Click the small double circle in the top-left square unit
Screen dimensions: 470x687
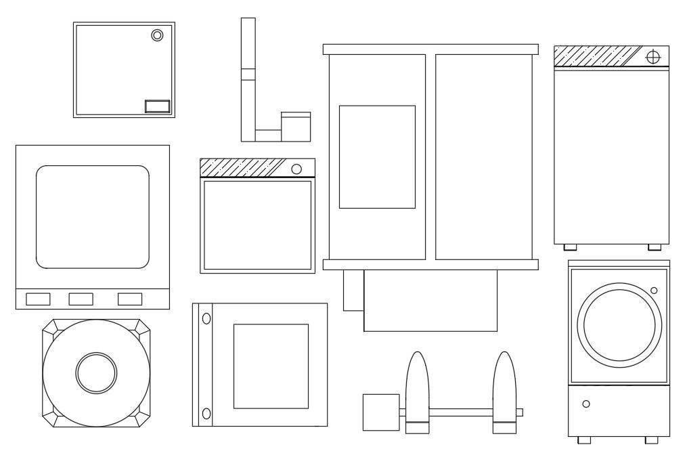pyautogui.click(x=157, y=35)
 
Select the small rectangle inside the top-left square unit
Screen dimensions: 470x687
pyautogui.click(x=157, y=106)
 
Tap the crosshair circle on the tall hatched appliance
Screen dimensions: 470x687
pyautogui.click(x=652, y=57)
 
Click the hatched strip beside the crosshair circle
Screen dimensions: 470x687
pyautogui.click(x=596, y=56)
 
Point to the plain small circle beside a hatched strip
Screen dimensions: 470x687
pyautogui.click(x=296, y=169)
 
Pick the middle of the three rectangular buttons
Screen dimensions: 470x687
pyautogui.click(x=81, y=299)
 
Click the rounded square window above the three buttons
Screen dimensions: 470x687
pyautogui.click(x=92, y=217)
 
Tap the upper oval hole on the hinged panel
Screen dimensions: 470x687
pyautogui.click(x=206, y=318)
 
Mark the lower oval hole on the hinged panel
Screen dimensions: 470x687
pyautogui.click(x=206, y=413)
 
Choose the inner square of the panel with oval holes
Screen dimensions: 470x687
pyautogui.click(x=271, y=366)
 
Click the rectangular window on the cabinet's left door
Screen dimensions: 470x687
pyautogui.click(x=377, y=156)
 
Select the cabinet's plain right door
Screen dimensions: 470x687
pyautogui.click(x=483, y=156)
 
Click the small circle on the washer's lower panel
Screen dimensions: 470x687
pyautogui.click(x=586, y=404)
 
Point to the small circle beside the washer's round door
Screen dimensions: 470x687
pyautogui.click(x=653, y=291)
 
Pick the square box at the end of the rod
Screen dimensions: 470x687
pyautogui.click(x=381, y=412)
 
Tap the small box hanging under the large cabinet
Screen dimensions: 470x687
pyautogui.click(x=353, y=290)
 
